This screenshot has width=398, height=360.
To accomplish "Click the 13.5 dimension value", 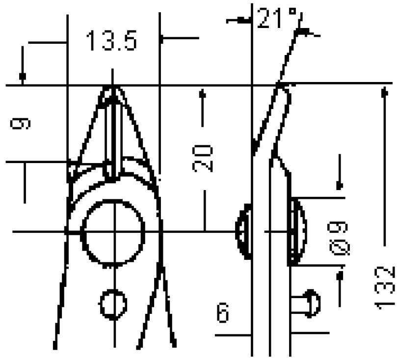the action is [x=111, y=40].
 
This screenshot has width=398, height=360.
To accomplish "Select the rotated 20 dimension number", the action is [x=202, y=158].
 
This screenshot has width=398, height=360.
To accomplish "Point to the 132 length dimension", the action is [x=385, y=288].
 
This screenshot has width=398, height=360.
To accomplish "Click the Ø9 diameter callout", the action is [x=339, y=238].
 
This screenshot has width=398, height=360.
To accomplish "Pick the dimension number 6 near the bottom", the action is [x=223, y=313].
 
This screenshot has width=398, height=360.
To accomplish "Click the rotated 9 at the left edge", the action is [x=20, y=124].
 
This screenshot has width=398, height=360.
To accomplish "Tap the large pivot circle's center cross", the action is [x=115, y=232].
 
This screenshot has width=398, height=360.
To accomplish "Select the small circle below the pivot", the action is [x=113, y=304].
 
